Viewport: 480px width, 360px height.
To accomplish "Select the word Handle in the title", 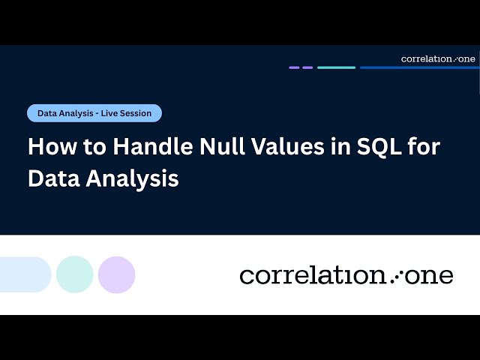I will tap(144, 146).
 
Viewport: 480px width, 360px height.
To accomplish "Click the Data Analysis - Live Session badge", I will tap(94, 113).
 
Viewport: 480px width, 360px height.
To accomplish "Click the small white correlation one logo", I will tap(438, 58).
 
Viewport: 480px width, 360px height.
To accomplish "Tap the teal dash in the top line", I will tap(336, 67).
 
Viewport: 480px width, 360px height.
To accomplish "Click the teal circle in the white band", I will tap(75, 274).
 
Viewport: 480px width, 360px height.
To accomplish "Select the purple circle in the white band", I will tap(116, 274).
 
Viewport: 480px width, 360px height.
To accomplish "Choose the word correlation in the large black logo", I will tap(313, 275).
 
